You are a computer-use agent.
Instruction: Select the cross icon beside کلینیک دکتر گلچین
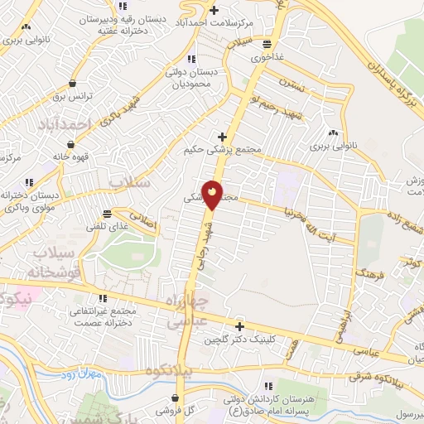pyautogui.click(x=239, y=326)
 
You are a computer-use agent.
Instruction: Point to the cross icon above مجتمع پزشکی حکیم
pyautogui.click(x=221, y=137)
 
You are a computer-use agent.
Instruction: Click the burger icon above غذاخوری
pyautogui.click(x=266, y=45)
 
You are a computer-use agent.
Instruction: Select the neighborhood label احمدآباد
pyautogui.click(x=63, y=123)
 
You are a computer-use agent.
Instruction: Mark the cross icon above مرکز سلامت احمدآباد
pyautogui.click(x=214, y=10)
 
